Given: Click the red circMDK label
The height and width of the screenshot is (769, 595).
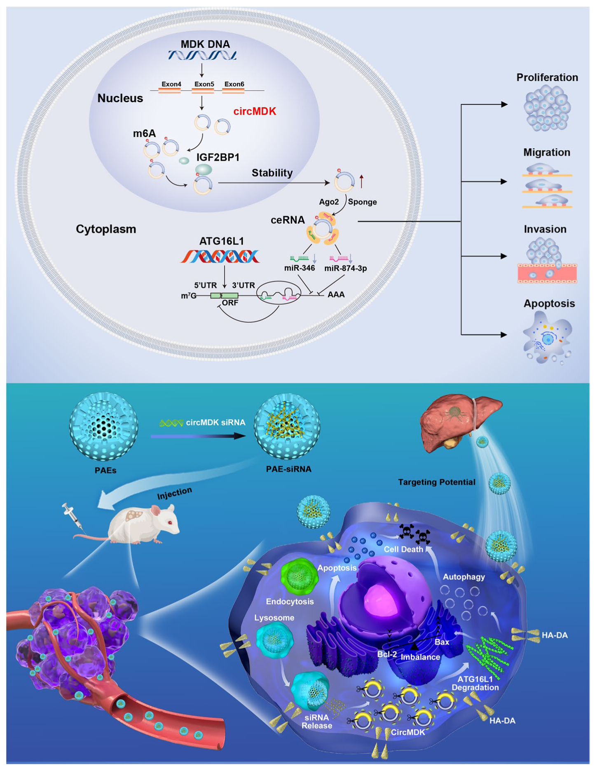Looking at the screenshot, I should [255, 111].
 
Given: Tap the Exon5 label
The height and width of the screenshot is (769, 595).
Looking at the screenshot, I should [204, 84].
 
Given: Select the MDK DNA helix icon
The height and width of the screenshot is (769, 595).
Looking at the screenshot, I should [202, 55].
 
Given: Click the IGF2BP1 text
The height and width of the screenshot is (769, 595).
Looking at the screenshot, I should [218, 157].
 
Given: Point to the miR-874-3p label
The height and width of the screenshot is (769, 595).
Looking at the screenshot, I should [345, 268].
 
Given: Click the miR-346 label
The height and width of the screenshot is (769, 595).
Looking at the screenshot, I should [300, 268].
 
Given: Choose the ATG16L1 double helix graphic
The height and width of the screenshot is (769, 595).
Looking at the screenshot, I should [220, 256].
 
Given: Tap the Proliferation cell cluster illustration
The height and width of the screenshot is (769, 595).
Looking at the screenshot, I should [547, 108].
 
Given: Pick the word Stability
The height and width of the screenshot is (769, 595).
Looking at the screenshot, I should [272, 173].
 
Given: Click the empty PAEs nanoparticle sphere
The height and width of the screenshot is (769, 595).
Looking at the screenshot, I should [103, 426].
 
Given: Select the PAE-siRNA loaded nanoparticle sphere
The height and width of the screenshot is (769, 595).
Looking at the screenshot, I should [287, 426].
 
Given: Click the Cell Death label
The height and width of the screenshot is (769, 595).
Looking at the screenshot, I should [403, 549].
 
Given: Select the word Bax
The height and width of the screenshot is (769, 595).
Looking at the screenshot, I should [442, 642].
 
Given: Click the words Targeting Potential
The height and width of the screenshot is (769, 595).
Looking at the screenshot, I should [436, 482].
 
